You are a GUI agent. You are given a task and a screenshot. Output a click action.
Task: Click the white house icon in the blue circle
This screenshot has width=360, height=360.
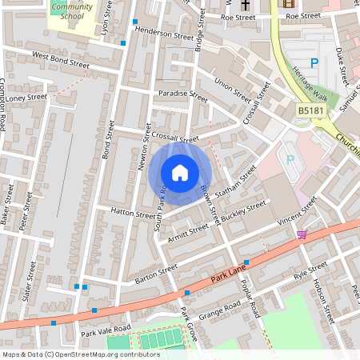180,173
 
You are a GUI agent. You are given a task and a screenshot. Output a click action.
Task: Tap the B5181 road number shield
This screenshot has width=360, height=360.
310,110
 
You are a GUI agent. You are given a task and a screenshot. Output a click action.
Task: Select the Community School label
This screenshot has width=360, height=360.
70,10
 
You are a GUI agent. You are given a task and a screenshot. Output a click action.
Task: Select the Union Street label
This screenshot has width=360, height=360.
233,89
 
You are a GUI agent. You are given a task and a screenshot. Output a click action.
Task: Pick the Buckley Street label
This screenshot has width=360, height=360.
245,210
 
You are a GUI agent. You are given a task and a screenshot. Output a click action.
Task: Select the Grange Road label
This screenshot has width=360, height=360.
220,309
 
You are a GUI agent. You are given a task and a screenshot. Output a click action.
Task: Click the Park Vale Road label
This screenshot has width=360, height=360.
105,330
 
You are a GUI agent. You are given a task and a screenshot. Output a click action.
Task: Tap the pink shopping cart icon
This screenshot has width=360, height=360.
302,234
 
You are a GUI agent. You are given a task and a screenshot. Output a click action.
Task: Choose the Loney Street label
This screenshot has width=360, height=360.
28,97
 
